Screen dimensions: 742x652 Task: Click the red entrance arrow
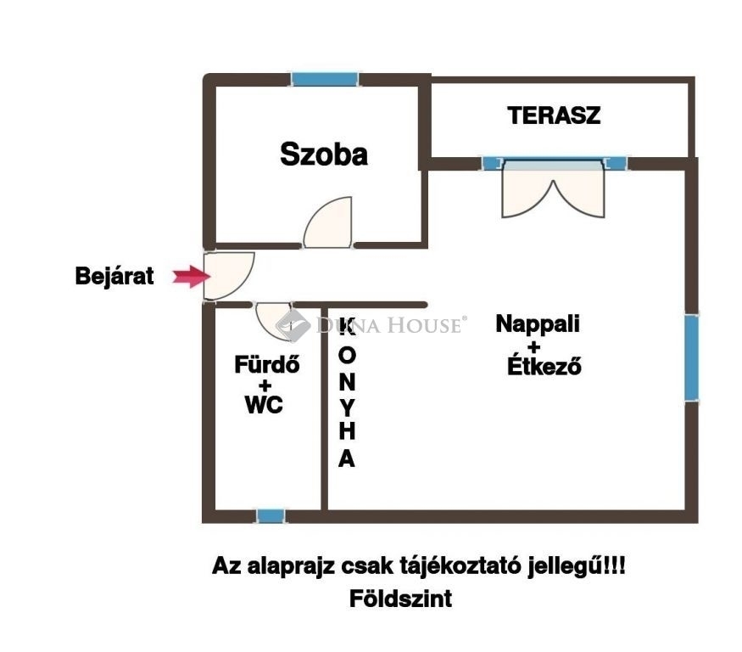coord(191,276)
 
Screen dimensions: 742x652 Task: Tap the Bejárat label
coord(114,276)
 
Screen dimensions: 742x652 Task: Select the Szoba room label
coord(324,154)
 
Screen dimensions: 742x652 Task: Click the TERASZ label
coord(554,115)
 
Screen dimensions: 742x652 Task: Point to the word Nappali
coord(538,324)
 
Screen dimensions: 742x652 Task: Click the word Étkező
coord(544,366)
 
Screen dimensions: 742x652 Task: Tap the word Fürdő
coord(267,364)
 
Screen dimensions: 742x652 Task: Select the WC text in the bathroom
coord(264,405)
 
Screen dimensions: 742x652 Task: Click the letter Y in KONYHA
coord(347,407)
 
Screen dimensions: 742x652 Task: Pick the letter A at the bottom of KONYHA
coord(347,458)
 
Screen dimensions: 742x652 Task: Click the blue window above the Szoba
coord(325,79)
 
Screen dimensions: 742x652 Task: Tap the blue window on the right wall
coord(691,357)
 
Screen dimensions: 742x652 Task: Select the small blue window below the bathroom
coord(271,516)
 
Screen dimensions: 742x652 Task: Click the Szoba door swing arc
coord(328,222)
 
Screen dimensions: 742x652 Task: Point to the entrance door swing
coord(229,276)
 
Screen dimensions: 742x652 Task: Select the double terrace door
coord(553,189)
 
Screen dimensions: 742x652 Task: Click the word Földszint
coord(400,599)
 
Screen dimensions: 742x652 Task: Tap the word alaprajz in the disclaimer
coord(291,567)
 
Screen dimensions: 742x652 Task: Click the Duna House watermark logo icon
coord(293,325)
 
